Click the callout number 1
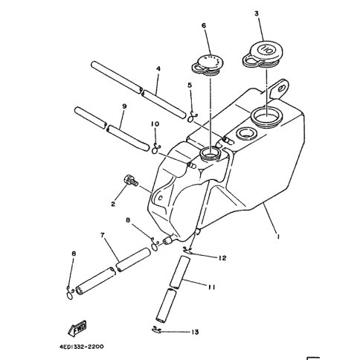tap(278, 237)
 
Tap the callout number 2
tap(113, 204)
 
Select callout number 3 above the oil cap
tap(257, 13)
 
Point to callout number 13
tap(196, 332)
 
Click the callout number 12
tap(222, 258)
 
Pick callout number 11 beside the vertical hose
tap(211, 287)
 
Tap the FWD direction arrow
tap(77, 329)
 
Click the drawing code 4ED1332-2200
tap(81, 347)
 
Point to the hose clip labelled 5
tap(192, 117)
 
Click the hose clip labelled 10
tap(155, 148)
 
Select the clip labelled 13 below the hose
tap(156, 330)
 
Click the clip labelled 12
tap(188, 250)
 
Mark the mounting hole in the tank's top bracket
tap(282, 89)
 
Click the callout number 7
tap(102, 235)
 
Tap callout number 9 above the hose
tap(124, 106)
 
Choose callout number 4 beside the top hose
tap(158, 68)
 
